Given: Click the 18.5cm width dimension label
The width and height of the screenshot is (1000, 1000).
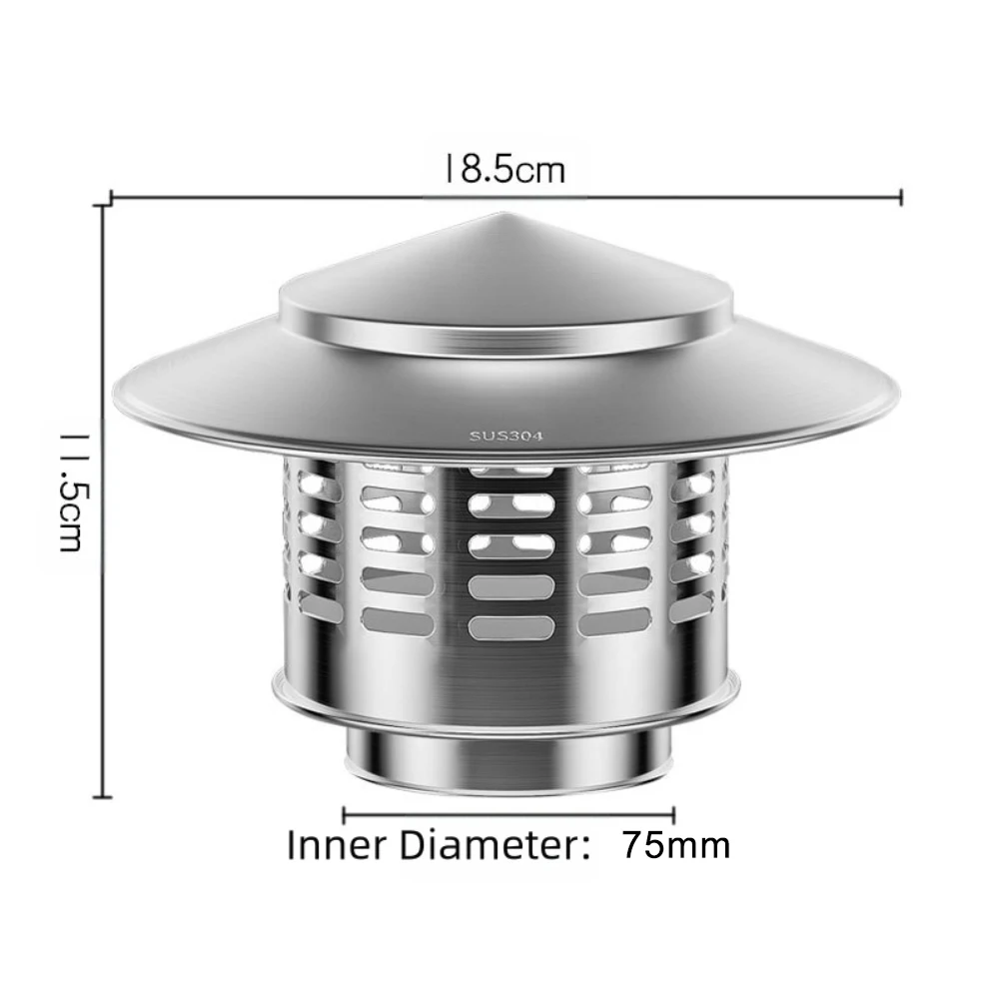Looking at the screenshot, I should coord(505,168).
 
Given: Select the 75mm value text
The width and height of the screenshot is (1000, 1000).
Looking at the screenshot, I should coord(676,845).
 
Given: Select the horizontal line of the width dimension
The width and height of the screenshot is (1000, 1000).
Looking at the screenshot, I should coord(699,197).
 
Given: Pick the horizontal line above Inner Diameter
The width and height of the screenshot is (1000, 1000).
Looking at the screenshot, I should coord(509,814).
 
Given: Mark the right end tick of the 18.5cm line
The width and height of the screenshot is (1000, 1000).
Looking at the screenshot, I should coord(902,197).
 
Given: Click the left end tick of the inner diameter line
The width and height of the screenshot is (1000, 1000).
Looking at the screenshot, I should coord(345,814).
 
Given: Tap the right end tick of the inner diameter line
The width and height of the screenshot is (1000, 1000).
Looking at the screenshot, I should coord(674,814).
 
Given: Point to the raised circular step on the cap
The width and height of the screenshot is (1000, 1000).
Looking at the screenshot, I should coord(504,335).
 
